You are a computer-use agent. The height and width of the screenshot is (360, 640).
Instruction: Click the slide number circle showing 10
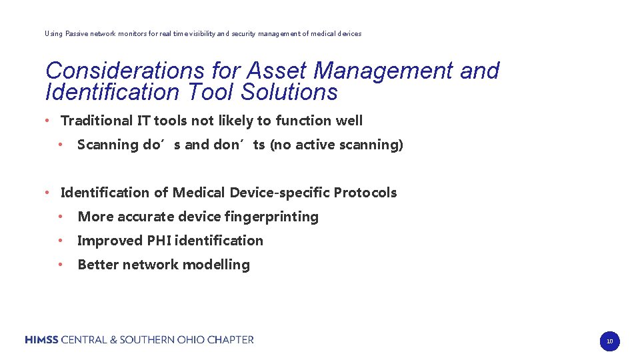coord(609,341)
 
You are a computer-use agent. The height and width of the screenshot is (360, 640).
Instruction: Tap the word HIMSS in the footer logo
coord(42,340)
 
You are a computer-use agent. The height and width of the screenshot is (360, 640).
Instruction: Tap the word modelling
coord(216,265)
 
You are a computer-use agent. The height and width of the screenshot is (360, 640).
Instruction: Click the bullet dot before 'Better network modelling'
coord(60,265)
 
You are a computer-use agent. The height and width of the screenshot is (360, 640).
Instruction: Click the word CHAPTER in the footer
coord(231,340)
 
